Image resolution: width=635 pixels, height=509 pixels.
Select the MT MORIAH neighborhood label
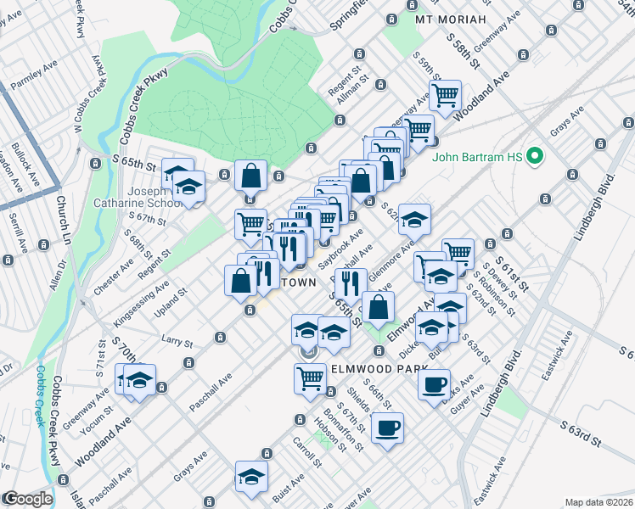(x=451, y=19)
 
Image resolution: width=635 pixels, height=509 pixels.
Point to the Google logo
(x=27, y=499)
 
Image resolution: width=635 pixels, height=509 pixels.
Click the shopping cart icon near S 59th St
(x=444, y=96)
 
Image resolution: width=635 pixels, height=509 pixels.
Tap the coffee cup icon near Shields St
(x=387, y=428)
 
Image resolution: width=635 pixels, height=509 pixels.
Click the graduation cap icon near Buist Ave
(x=251, y=477)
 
